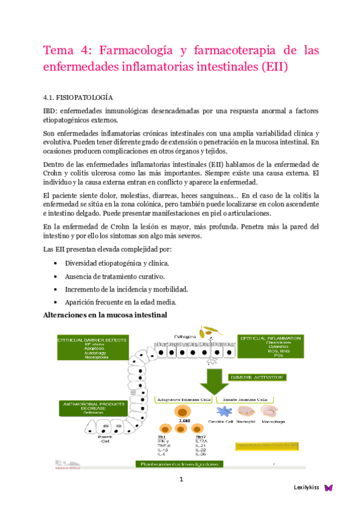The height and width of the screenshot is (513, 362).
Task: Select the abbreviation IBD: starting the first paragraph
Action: pos(51,111)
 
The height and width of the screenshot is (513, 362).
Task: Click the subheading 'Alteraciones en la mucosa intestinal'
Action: pos(106,315)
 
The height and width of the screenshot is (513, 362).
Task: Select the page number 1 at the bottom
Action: pos(180,480)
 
